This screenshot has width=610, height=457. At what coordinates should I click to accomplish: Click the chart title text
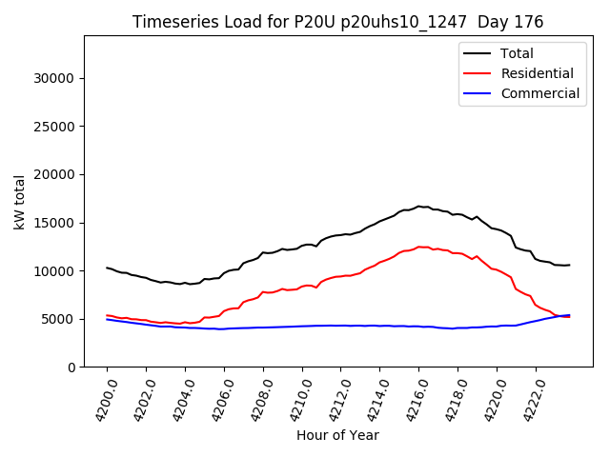point(337,22)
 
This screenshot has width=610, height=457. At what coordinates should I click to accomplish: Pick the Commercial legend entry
point(539,93)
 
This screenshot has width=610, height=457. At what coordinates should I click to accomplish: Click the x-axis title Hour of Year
point(337,435)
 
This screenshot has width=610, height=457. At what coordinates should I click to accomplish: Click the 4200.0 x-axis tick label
point(99,400)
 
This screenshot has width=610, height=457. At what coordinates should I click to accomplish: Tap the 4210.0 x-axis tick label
point(294,400)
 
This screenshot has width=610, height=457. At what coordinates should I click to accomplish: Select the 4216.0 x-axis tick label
point(411,400)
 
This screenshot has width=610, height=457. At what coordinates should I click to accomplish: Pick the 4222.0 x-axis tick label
point(528,400)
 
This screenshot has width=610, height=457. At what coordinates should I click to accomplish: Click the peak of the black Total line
point(418,206)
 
